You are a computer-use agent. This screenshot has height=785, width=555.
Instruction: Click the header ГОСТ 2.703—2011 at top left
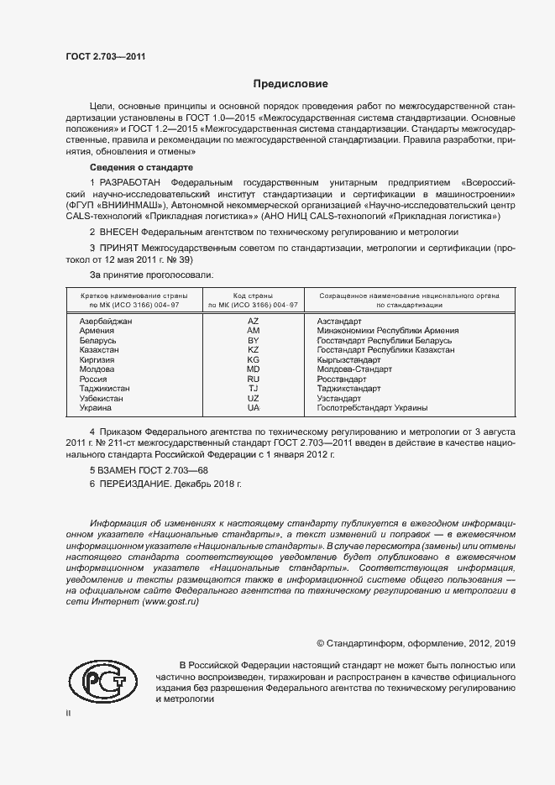[106, 56]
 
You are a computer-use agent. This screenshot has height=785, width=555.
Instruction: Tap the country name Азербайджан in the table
[106, 322]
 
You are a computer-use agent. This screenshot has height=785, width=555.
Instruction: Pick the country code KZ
[254, 349]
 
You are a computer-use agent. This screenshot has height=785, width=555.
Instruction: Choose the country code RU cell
[254, 379]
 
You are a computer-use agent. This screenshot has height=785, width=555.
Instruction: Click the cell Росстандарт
[344, 379]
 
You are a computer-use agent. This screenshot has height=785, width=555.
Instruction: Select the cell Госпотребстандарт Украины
[372, 408]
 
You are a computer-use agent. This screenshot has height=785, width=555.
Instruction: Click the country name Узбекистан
[102, 398]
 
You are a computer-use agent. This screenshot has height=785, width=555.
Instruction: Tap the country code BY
[254, 340]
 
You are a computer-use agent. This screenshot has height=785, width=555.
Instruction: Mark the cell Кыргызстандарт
[349, 359]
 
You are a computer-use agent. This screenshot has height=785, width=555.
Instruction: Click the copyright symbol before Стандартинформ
[320, 643]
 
